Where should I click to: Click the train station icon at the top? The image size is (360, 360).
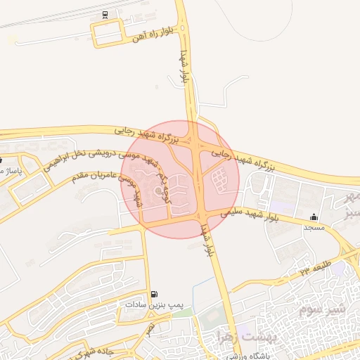pyautogui.click(x=105, y=14)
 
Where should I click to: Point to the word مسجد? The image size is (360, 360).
pyautogui.click(x=312, y=229)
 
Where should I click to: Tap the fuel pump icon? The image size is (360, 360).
pyautogui.click(x=154, y=294)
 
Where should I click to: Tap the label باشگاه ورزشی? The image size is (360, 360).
pyautogui.click(x=245, y=356)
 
